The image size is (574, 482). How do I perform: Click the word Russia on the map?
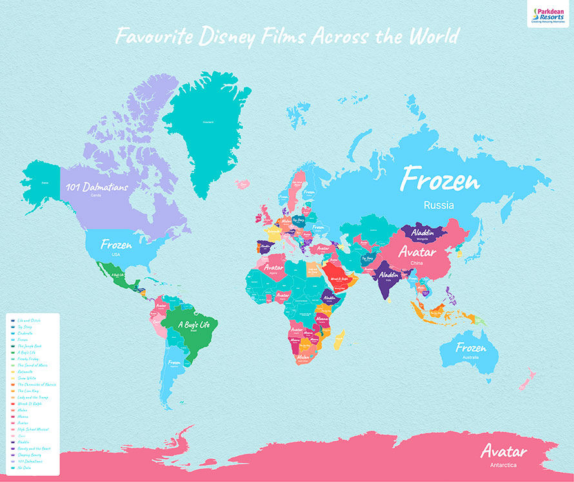click(x=439, y=206)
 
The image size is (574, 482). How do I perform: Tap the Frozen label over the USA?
click(x=116, y=245)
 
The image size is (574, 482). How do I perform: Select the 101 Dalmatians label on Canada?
click(x=97, y=188)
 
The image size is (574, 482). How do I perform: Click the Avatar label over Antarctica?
click(x=504, y=451)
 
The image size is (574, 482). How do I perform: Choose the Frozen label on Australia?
click(x=470, y=348)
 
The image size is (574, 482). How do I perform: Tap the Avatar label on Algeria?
click(x=271, y=265)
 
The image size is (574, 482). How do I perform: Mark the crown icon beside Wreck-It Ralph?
click(x=12, y=403)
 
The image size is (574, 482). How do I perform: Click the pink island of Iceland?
click(x=243, y=185)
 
